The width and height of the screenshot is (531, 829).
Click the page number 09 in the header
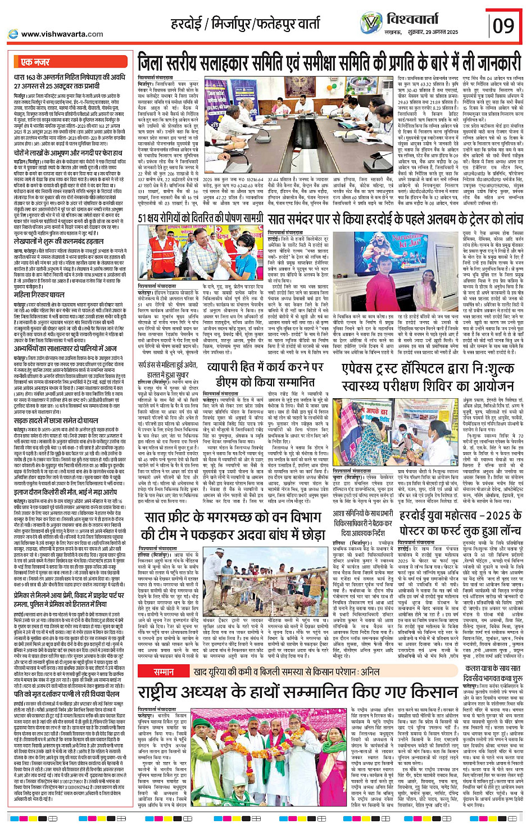tap(503, 25)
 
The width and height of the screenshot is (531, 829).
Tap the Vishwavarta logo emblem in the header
tap(371, 23)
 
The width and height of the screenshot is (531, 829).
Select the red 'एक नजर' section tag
tap(35, 62)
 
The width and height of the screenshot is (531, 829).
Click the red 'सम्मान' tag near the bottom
tap(164, 672)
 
